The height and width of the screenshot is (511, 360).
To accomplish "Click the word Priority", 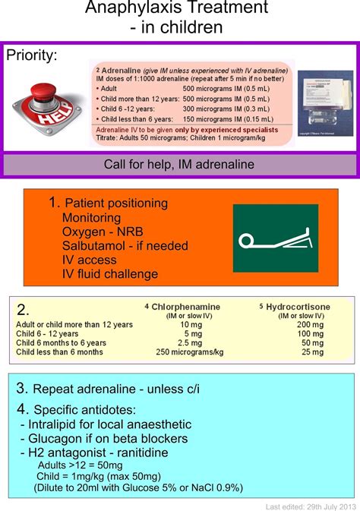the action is pyautogui.click(x=32, y=55).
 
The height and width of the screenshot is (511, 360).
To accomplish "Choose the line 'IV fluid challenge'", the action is pyautogui.click(x=110, y=274).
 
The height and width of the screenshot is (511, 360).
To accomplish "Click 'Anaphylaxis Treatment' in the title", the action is pyautogui.click(x=177, y=9).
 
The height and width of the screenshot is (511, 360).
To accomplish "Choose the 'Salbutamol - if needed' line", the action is pyautogui.click(x=125, y=246).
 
